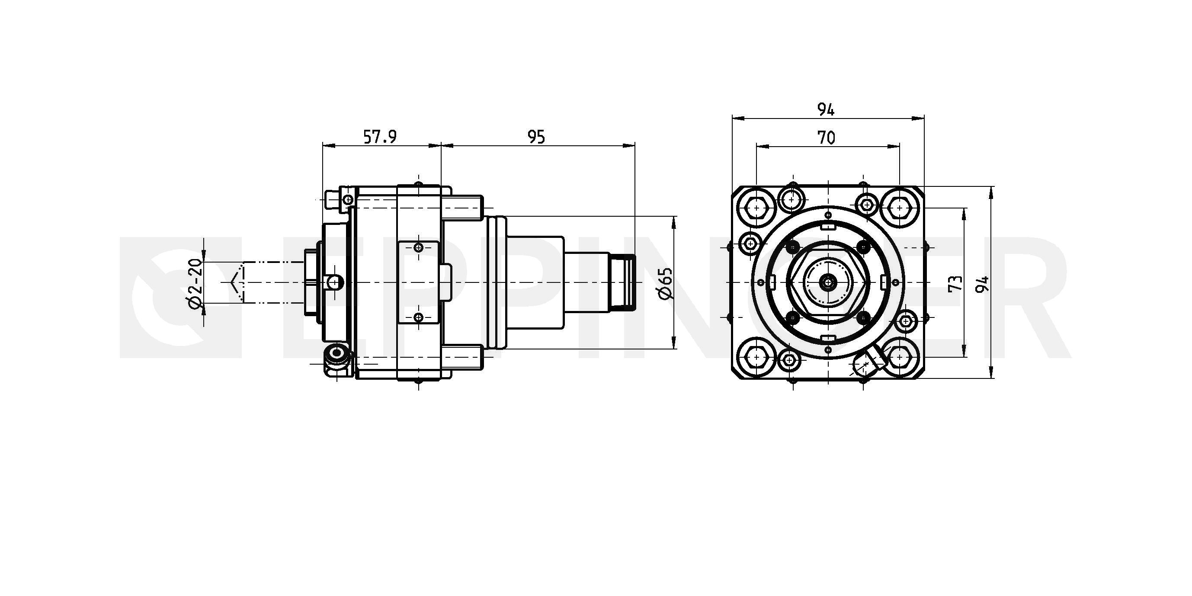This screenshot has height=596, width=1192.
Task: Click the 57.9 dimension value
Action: (380, 137)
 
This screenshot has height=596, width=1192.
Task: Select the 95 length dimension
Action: (536, 137)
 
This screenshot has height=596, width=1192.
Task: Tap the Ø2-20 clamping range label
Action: (195, 283)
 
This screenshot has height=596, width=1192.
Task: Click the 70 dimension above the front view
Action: (827, 138)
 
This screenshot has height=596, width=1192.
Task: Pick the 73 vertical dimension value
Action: (955, 283)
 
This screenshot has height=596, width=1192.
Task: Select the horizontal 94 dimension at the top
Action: (826, 110)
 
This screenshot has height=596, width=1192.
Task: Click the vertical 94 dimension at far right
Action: (982, 284)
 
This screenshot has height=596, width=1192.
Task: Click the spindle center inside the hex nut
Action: (827, 282)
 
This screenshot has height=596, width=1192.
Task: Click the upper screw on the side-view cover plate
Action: (419, 247)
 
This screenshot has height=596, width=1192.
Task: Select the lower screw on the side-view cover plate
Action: (419, 317)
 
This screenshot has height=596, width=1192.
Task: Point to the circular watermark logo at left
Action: (180, 297)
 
